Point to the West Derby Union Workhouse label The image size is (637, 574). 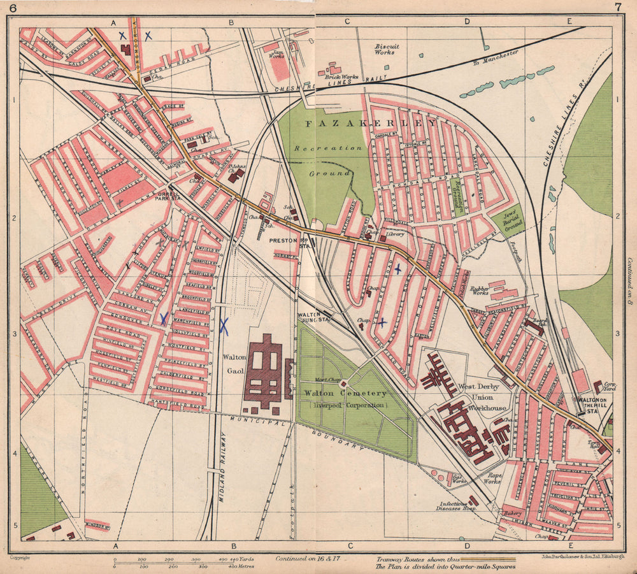[482, 397]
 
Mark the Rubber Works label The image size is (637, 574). [479, 291]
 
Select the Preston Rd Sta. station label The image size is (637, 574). [285, 243]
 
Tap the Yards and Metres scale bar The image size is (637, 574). [184, 562]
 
